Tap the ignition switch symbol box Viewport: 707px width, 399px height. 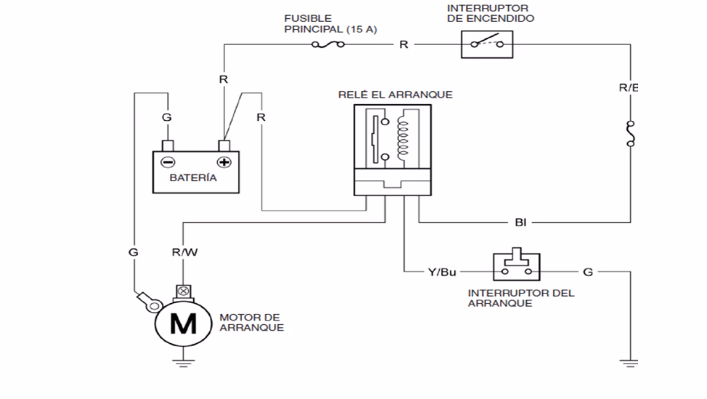tap(486, 44)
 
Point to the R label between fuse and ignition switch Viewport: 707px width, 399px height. tap(404, 45)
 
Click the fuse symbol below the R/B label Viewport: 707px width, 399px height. tap(630, 133)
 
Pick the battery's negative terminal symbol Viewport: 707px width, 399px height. tap(166, 162)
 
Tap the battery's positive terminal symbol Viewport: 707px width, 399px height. tap(225, 162)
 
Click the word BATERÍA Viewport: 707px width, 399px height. tap(193, 178)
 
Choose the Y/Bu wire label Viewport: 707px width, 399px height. tap(442, 272)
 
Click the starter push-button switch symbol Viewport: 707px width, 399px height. tap(516, 266)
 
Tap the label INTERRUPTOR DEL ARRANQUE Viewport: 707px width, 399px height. tap(521, 298)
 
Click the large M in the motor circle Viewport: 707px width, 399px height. tap(184, 324)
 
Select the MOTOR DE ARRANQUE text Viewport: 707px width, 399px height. tap(251, 322)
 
